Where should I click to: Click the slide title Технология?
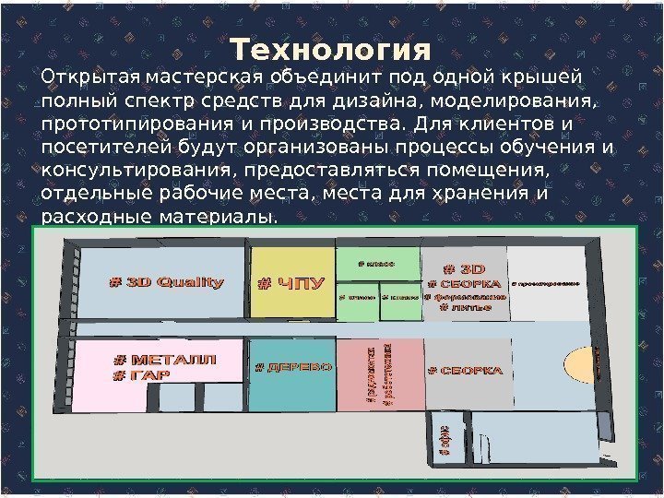click(330, 47)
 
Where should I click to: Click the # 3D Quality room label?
click(167, 282)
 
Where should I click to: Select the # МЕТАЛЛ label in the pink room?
click(165, 360)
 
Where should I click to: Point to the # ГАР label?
click(135, 375)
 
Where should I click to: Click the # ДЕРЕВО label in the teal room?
click(291, 367)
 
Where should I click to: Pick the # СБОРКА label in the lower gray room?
click(466, 371)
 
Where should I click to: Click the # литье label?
click(466, 307)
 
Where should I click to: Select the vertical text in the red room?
click(378, 375)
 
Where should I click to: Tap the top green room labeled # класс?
click(378, 264)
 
